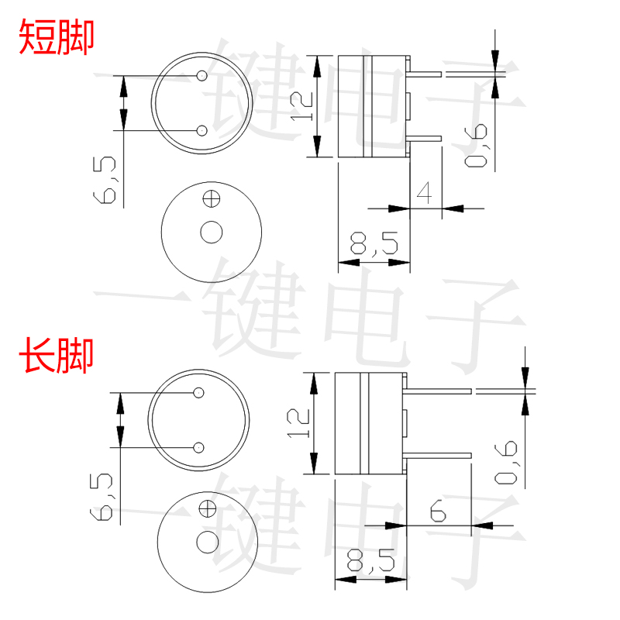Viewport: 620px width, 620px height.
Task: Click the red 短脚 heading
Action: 56,37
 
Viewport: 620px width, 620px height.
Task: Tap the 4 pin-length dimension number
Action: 424,191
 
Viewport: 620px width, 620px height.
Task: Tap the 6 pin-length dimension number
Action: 436,511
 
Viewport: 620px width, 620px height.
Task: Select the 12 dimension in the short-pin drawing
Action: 301,106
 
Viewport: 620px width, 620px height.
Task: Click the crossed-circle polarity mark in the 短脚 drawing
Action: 210,198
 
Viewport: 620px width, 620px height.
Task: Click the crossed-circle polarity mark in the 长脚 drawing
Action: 207,509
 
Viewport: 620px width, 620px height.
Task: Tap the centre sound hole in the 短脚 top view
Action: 211,232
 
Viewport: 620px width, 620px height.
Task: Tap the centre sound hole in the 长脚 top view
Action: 207,542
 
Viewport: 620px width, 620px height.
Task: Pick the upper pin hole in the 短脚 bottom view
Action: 202,76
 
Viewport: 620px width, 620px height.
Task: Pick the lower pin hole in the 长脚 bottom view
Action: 198,447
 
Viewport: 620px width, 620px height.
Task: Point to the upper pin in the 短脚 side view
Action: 425,74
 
